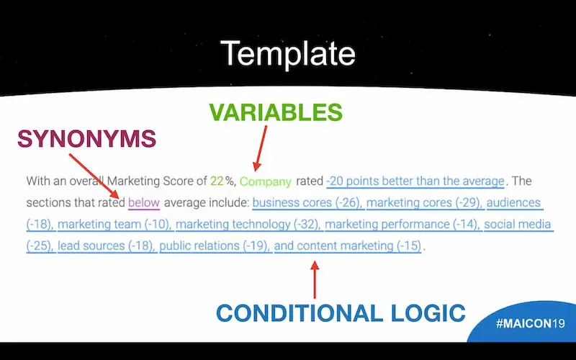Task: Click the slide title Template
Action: click(x=287, y=53)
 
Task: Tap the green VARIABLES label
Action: click(x=276, y=112)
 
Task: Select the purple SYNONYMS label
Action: click(x=86, y=139)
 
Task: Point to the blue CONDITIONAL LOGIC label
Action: click(x=341, y=313)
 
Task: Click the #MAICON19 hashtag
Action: click(x=530, y=323)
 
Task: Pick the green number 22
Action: click(x=217, y=181)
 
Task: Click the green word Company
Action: click(x=265, y=181)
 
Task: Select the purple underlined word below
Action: click(x=144, y=202)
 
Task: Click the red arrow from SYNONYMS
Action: click(x=94, y=176)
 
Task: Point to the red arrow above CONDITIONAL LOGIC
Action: click(x=315, y=279)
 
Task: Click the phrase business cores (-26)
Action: click(x=307, y=202)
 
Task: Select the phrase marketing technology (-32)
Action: click(x=247, y=224)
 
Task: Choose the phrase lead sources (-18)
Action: click(x=105, y=246)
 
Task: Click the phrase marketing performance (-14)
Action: click(x=402, y=224)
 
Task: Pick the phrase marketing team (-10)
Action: click(x=114, y=224)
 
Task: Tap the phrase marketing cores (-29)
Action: click(x=423, y=202)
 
